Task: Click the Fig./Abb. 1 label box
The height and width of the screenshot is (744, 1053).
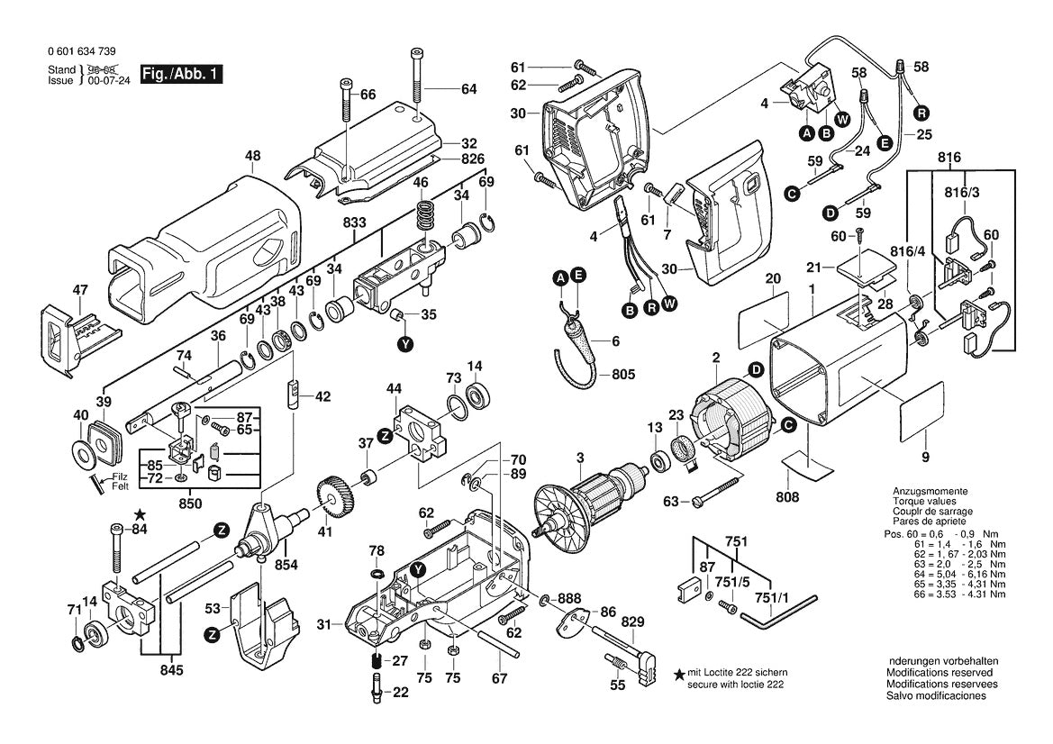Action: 181,74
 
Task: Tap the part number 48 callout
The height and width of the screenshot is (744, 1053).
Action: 252,157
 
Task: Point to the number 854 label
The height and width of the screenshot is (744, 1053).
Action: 286,565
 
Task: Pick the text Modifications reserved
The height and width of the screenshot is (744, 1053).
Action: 940,673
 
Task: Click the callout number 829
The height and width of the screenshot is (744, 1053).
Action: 633,622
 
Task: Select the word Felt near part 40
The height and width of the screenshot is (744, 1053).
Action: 120,486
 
